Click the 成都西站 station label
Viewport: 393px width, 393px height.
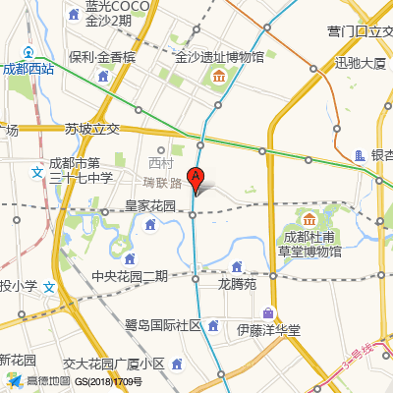(x=28, y=69)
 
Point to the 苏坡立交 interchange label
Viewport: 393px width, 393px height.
(x=91, y=129)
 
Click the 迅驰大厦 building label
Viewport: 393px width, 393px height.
(x=361, y=63)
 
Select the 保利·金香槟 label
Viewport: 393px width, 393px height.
(x=102, y=57)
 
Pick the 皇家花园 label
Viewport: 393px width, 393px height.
(x=149, y=206)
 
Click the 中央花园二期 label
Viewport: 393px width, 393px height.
(x=129, y=275)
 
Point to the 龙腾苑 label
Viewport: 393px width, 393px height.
(x=237, y=284)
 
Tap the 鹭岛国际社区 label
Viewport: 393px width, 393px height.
(x=162, y=325)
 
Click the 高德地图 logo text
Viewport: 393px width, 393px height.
(x=47, y=381)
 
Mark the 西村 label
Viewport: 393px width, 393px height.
(x=159, y=163)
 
